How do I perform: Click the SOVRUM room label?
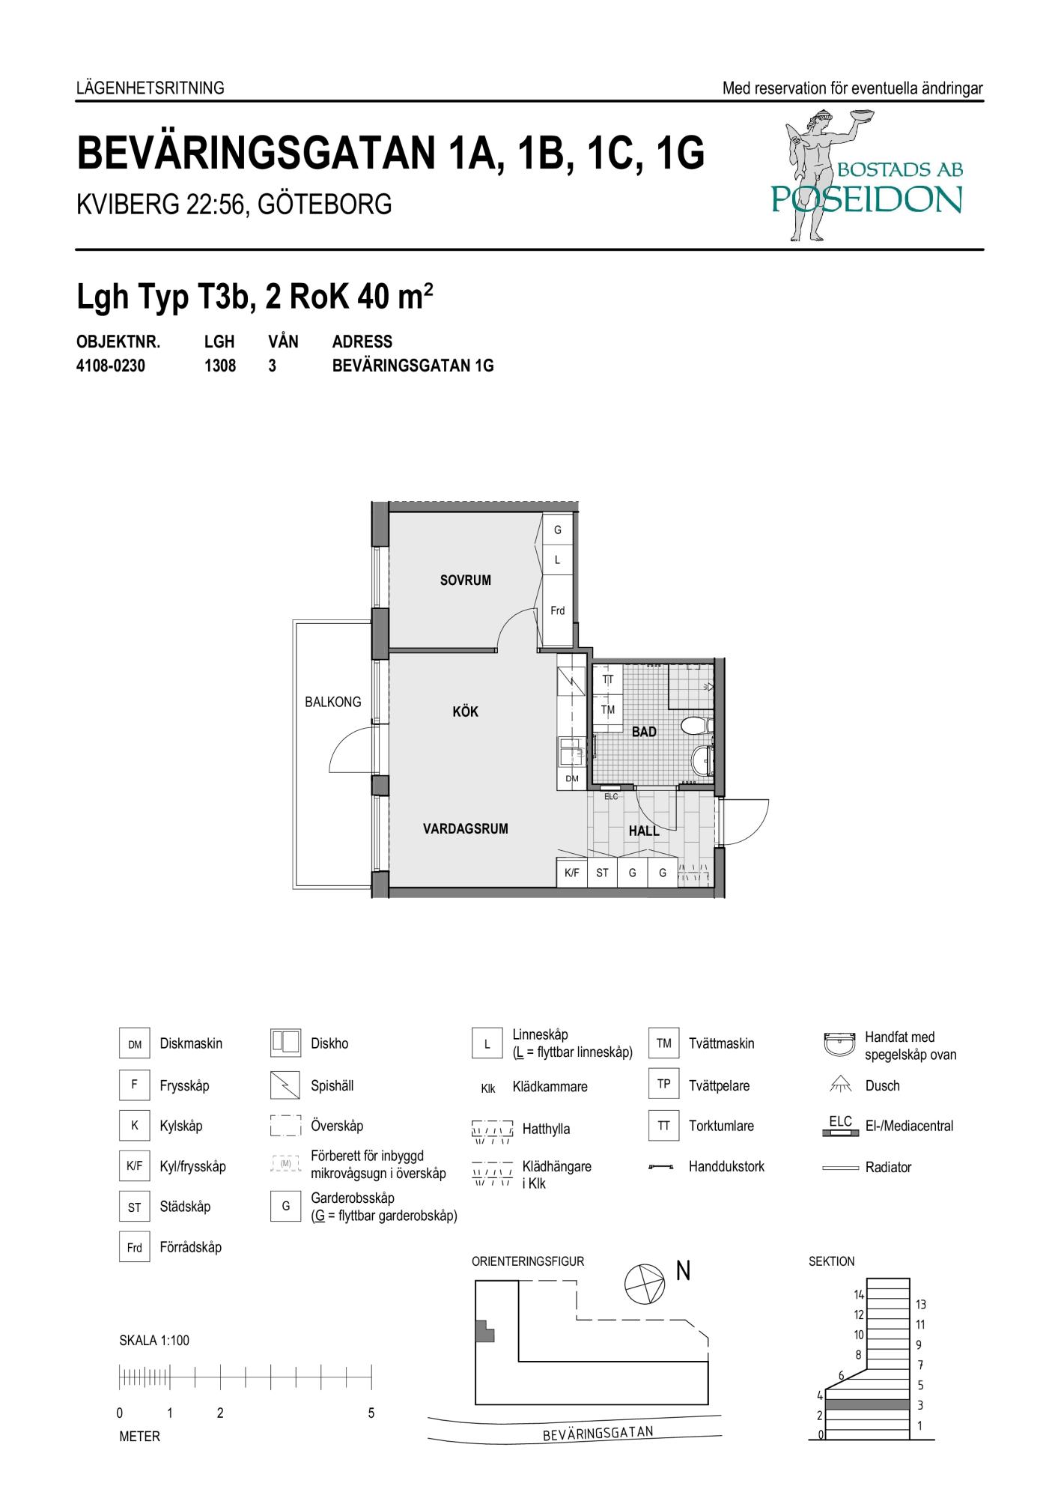coord(465,580)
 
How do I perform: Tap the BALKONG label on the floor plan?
coord(332,702)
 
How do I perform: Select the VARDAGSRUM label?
coord(465,828)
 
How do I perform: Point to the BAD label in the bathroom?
coord(644,732)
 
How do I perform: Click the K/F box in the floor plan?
coord(571,873)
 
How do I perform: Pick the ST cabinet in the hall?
coord(602,873)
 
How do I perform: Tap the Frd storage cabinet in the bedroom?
coord(557,610)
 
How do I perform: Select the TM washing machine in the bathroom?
coord(608,709)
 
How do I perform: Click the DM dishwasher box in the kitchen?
coord(572,778)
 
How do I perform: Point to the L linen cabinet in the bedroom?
coord(557,560)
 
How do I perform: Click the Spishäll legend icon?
coord(285,1085)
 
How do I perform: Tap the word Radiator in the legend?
coord(888,1167)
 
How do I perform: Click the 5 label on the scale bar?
coord(371,1413)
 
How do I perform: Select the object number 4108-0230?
coord(111,366)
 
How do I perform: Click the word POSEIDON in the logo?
coord(866,198)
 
